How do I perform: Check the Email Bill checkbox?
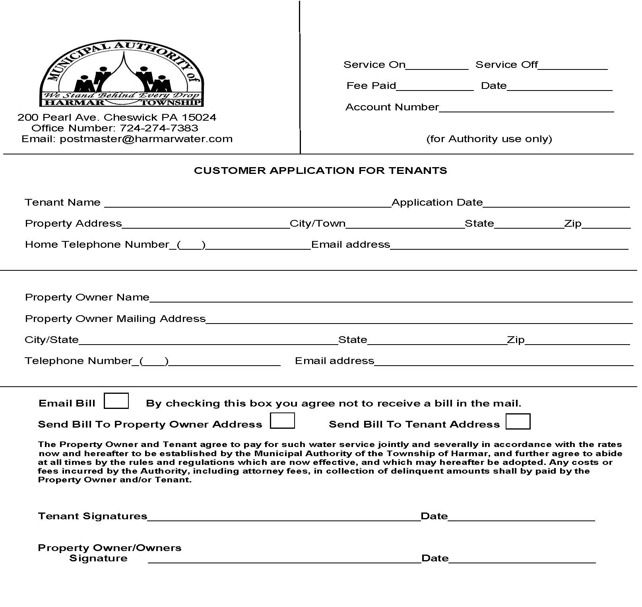click(x=116, y=401)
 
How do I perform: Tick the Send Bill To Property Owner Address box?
click(x=282, y=421)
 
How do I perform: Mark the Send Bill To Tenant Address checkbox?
click(x=518, y=421)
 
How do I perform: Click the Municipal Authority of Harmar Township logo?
click(x=122, y=74)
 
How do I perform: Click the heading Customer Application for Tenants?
click(x=320, y=171)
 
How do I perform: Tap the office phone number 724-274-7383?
click(x=159, y=128)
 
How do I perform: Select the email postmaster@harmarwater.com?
click(x=146, y=139)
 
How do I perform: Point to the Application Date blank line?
click(x=556, y=203)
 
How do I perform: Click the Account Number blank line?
click(x=526, y=108)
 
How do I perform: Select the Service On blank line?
click(x=437, y=66)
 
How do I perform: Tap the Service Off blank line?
click(x=572, y=66)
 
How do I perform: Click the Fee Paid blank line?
click(x=434, y=87)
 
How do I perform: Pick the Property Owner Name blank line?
click(x=390, y=299)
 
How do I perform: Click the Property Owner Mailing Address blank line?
click(x=419, y=320)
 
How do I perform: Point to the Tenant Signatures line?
click(x=284, y=517)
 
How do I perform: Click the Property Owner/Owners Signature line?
click(x=284, y=559)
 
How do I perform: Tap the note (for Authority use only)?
click(x=489, y=139)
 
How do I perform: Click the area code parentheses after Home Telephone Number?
click(x=191, y=245)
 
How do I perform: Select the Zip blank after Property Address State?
click(x=606, y=224)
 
